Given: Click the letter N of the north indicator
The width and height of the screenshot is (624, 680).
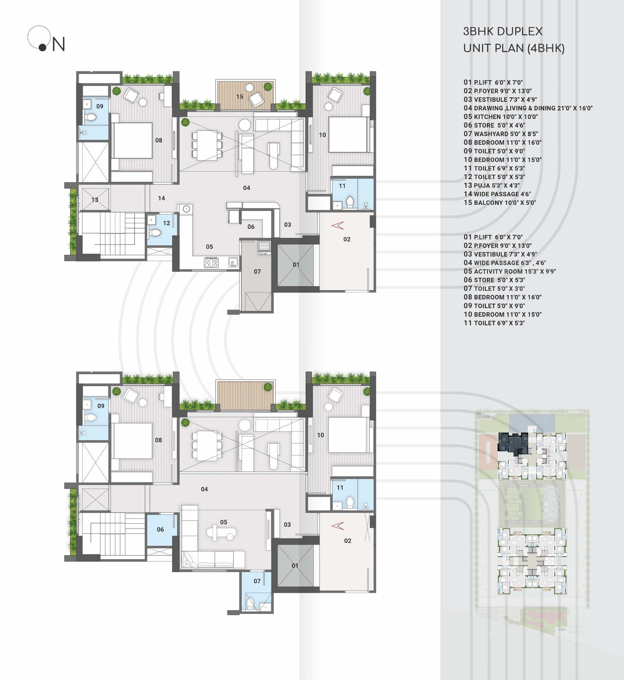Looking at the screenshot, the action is pos(58,44).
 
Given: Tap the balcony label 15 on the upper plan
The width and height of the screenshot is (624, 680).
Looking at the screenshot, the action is pos(239,96).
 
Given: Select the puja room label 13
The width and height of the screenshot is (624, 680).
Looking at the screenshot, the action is pos(95,200).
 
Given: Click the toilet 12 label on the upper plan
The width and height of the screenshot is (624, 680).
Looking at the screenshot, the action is pos(167,223).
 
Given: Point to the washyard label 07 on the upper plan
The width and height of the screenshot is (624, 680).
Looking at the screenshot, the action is pos(257,271).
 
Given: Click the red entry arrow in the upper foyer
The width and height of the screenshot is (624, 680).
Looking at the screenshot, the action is pos(337,225).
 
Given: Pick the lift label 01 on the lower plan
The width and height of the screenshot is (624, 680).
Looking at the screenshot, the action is pos(295,566).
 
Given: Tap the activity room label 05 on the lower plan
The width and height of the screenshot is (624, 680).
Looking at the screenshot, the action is pos(223,522).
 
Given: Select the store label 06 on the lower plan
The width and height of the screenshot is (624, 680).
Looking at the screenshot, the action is pos(160,529).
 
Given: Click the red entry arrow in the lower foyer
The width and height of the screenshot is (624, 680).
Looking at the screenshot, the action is pos(337,526).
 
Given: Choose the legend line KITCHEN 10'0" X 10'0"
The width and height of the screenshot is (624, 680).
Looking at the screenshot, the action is pos(501,116).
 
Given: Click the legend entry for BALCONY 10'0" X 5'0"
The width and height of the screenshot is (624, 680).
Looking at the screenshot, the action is pos(500,202).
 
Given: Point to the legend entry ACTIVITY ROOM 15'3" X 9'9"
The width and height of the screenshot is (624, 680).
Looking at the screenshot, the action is pos(510,271).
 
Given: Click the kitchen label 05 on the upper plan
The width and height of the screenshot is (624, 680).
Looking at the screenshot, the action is pos(209,246).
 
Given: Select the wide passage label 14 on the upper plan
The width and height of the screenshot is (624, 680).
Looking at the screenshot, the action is pos(161,198).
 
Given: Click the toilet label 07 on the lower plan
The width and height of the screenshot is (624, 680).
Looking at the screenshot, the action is pos(257,581).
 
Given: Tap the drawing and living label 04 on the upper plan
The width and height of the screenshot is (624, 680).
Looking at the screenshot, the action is pos(246,188).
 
